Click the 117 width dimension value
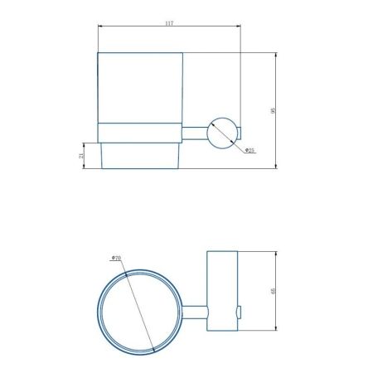pyautogui.click(x=169, y=24)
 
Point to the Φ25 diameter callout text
pyautogui.click(x=249, y=150)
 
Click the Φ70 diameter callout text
pyautogui.click(x=117, y=259)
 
